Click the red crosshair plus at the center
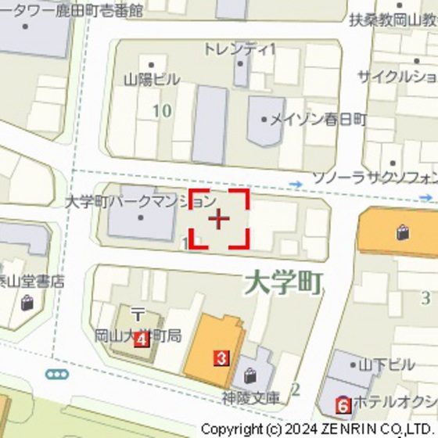[x=218, y=218]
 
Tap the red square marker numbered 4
[x=141, y=339]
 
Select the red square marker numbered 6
[x=343, y=405]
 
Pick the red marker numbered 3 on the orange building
[x=221, y=358]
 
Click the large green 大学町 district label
[x=282, y=282]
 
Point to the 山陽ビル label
[x=152, y=79]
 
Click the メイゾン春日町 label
[x=318, y=120]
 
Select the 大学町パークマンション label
[x=140, y=202]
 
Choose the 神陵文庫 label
[x=250, y=397]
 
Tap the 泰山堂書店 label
[x=32, y=282]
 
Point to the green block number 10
[x=162, y=110]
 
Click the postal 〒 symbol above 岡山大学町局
[x=138, y=314]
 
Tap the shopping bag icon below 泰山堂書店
[x=27, y=303]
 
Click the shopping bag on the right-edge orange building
[x=402, y=232]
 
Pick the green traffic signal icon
[x=57, y=375]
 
